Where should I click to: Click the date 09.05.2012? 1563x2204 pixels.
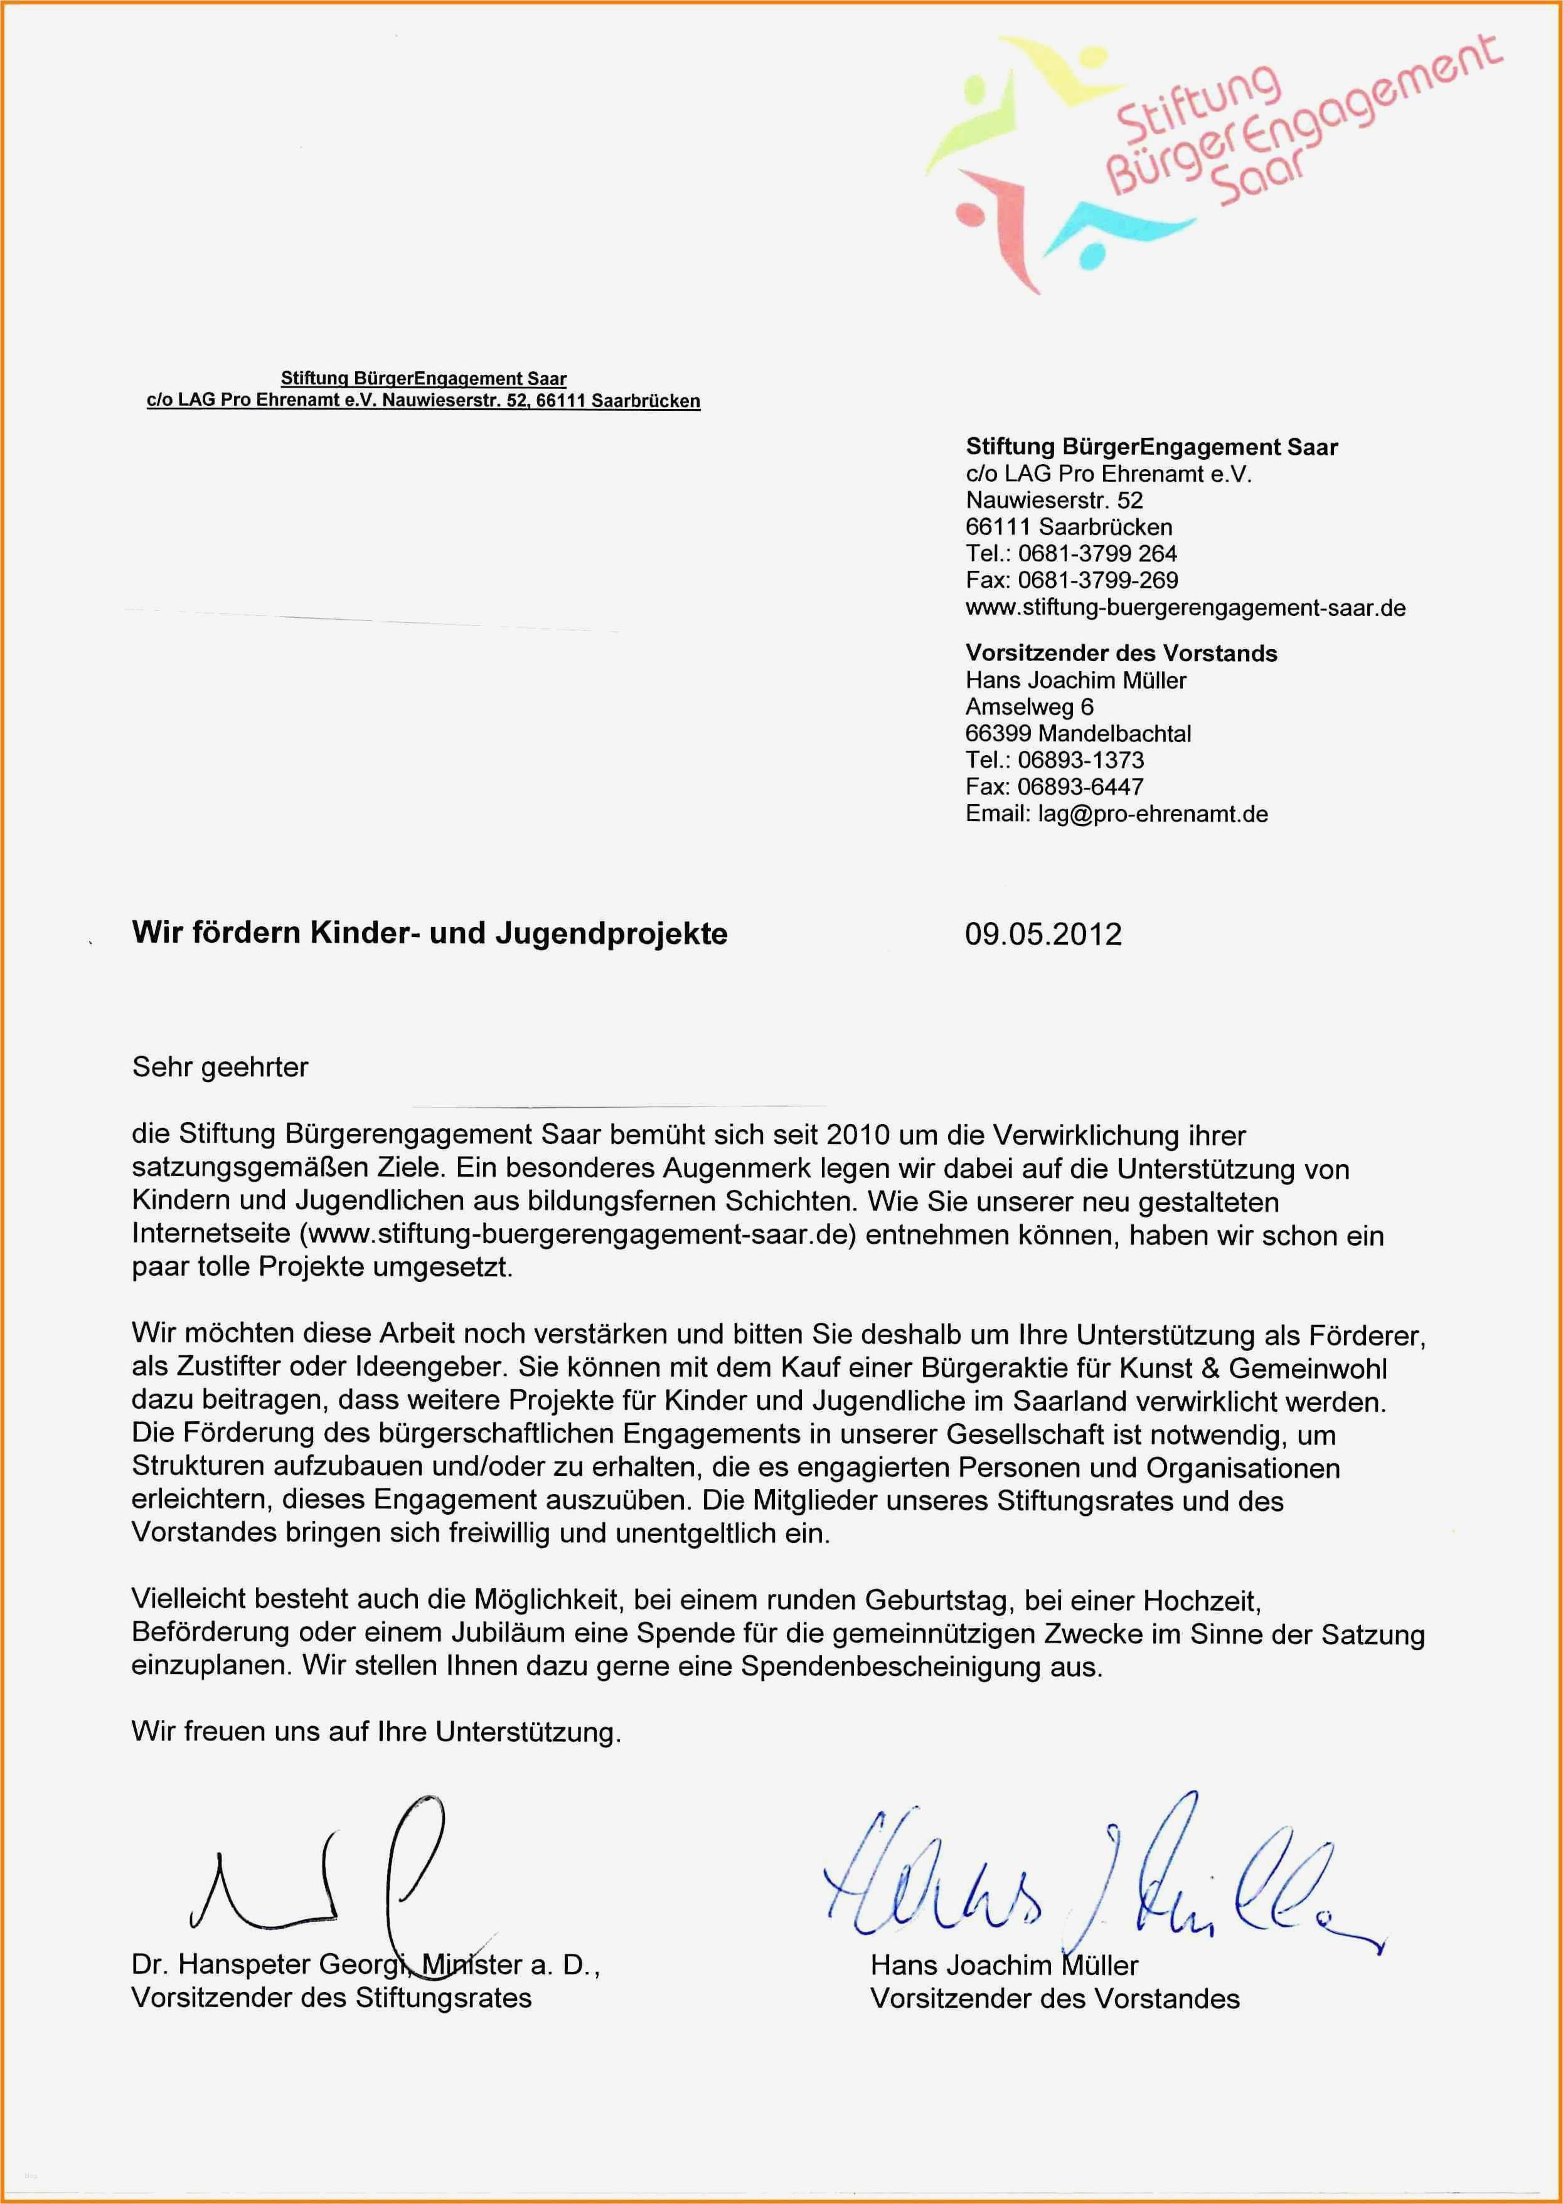1043,934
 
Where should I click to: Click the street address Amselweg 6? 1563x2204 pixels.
1029,706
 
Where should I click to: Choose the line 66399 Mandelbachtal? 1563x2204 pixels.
1078,733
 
